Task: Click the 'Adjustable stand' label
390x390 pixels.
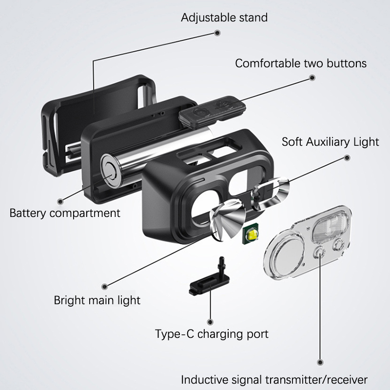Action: (x=224, y=18)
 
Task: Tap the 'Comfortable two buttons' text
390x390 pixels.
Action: (x=301, y=63)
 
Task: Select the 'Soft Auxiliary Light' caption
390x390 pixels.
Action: (x=330, y=142)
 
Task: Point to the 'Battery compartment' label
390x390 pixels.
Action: (x=65, y=213)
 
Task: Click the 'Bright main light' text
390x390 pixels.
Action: (x=97, y=300)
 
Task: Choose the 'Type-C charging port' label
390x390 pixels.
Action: (x=212, y=334)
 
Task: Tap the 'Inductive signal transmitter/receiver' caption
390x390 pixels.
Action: (x=274, y=379)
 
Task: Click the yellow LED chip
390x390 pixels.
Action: (x=252, y=236)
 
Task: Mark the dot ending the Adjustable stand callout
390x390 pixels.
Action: (x=217, y=33)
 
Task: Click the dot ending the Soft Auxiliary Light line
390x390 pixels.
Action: (x=347, y=157)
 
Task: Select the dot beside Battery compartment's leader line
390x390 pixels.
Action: (x=60, y=200)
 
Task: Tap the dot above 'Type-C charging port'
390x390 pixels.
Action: (x=211, y=322)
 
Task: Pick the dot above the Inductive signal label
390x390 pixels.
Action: (x=320, y=362)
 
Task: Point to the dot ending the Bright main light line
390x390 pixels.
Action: (x=104, y=286)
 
